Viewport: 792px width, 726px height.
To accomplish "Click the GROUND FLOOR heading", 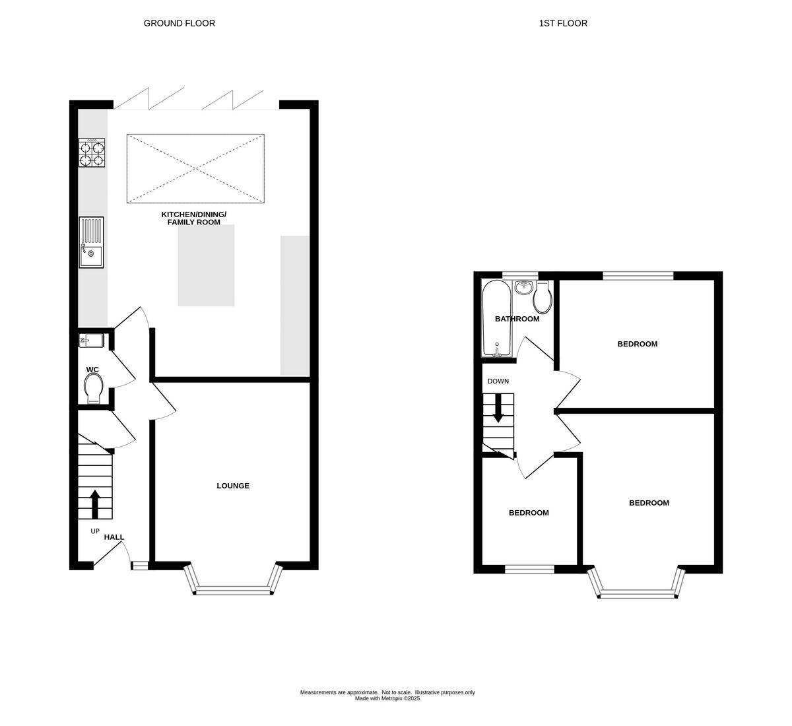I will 180,23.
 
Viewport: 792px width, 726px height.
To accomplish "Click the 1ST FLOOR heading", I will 563,23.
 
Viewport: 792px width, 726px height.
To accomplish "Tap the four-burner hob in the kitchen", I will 92,152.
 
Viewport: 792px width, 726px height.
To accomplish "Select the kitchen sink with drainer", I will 92,242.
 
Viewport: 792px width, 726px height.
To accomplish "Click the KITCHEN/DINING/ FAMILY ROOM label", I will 194,218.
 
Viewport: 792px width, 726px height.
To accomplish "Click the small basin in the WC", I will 91,341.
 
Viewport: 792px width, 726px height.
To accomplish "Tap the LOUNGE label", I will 233,486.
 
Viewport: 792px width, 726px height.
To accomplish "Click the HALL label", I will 114,537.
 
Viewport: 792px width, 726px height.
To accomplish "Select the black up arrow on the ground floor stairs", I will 95,504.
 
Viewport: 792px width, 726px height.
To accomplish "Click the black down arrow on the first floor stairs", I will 498,408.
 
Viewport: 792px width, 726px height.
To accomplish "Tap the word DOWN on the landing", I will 498,381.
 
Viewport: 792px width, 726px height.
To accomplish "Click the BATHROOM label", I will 517,319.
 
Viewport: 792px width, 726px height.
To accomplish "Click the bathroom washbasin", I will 524,286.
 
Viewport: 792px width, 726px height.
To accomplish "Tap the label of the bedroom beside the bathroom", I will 637,344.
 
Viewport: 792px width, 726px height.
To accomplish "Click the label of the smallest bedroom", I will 528,513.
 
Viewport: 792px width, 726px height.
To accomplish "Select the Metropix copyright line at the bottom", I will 387,698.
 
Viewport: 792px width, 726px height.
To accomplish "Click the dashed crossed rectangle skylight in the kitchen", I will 196,168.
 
